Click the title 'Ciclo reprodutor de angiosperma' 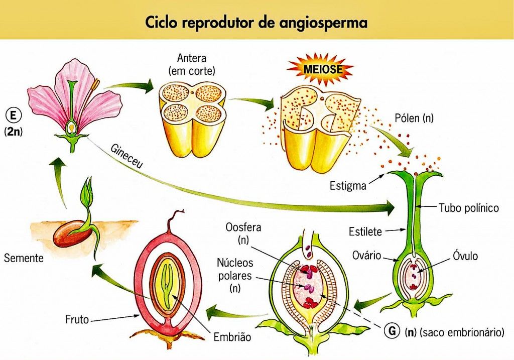pyautogui.click(x=256, y=23)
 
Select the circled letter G pyautogui.click(x=391, y=331)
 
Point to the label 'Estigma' pyautogui.click(x=347, y=186)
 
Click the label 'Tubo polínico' pyautogui.click(x=469, y=207)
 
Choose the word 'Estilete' pyautogui.click(x=365, y=232)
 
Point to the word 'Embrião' pyautogui.click(x=231, y=337)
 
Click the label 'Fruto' pyautogui.click(x=77, y=319)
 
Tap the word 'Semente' pyautogui.click(x=23, y=259)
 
